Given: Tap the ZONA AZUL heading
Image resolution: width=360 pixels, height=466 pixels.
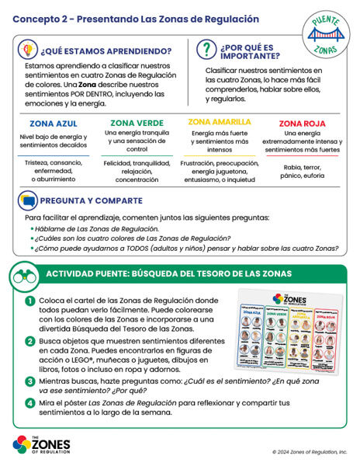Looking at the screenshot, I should click(53, 123).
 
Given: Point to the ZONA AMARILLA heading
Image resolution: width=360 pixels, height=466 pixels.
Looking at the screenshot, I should click(220, 122).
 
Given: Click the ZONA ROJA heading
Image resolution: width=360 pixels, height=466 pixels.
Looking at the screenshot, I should click(303, 123).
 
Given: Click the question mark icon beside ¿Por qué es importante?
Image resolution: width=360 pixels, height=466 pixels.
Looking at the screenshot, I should click(205, 50).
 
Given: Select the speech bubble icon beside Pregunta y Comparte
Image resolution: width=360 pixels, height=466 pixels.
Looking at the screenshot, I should click(29, 201).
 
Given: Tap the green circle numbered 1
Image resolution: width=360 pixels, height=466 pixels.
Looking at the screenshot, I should click(29, 301).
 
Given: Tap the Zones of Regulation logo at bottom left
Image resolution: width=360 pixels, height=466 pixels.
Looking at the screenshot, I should click(42, 445).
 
